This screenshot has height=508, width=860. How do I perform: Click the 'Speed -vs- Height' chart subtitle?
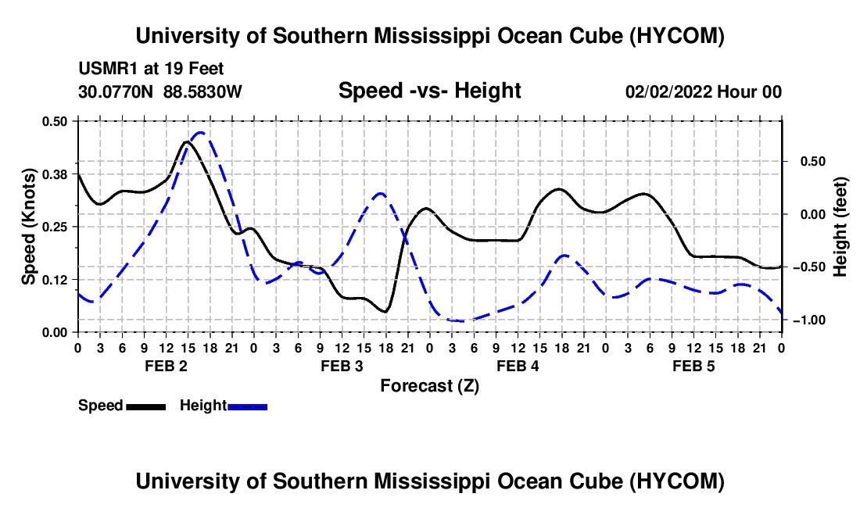click(x=429, y=91)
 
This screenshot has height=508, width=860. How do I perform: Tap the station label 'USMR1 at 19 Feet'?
click(x=151, y=69)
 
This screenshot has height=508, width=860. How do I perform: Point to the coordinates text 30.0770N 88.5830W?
click(x=160, y=91)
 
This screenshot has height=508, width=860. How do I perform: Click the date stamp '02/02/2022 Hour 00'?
click(x=704, y=91)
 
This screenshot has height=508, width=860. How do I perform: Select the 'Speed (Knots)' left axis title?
click(x=28, y=227)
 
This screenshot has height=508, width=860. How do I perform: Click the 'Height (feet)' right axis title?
click(x=840, y=227)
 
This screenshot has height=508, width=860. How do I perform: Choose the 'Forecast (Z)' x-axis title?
click(x=429, y=386)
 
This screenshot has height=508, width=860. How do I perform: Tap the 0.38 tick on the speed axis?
click(x=55, y=174)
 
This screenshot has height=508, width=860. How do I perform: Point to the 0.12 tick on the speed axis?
click(x=55, y=280)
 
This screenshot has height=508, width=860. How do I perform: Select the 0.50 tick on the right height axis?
click(x=813, y=162)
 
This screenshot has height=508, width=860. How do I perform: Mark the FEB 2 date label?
click(x=167, y=366)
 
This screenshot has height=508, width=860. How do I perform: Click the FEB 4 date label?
click(x=518, y=366)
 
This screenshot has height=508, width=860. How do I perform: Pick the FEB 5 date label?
click(x=693, y=366)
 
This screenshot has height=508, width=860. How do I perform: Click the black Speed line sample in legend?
click(x=146, y=406)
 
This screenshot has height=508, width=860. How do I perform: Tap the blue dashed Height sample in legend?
click(x=247, y=406)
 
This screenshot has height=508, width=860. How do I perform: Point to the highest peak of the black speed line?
click(x=187, y=141)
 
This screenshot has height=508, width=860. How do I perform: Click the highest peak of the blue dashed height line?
click(x=201, y=133)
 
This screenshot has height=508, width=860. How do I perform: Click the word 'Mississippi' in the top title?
click(x=432, y=36)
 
